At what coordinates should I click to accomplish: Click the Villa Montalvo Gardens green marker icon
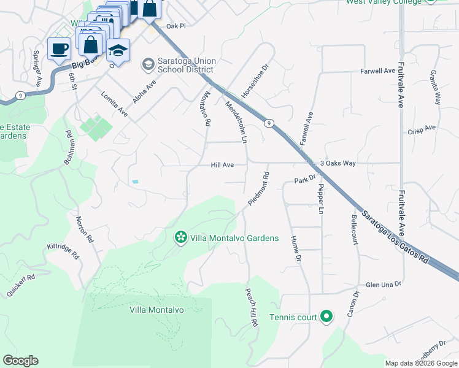pyautogui.click(x=180, y=237)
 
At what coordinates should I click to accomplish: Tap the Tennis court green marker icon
pyautogui.click(x=326, y=317)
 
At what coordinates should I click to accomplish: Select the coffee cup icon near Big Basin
pyautogui.click(x=60, y=49)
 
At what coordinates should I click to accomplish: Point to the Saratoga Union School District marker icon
pyautogui.click(x=147, y=63)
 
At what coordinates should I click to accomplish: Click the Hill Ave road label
pyautogui.click(x=223, y=165)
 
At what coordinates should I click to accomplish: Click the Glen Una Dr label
pyautogui.click(x=383, y=285)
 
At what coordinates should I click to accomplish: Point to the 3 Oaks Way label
pyautogui.click(x=338, y=163)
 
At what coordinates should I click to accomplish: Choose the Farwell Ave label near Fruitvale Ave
pyautogui.click(x=378, y=71)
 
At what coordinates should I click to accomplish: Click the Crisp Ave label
pyautogui.click(x=421, y=128)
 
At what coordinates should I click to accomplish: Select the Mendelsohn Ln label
pyautogui.click(x=236, y=123)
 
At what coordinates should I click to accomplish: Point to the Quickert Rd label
pyautogui.click(x=21, y=285)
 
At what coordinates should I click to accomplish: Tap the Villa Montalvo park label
pyautogui.click(x=156, y=310)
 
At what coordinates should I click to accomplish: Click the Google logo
pyautogui.click(x=21, y=361)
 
